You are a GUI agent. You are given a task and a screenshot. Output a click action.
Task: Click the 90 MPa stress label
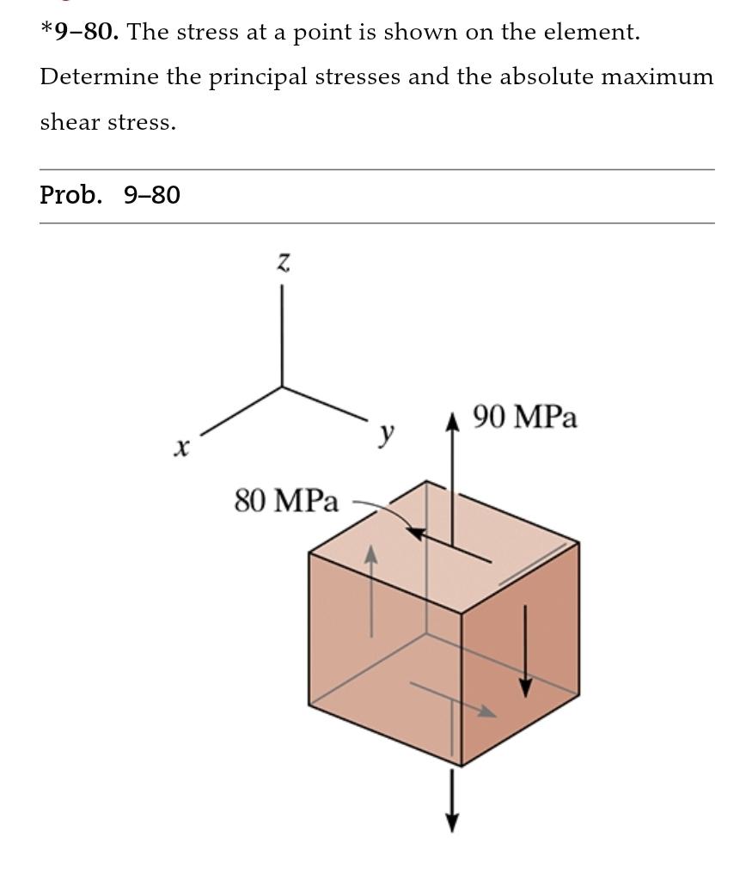[x=525, y=418]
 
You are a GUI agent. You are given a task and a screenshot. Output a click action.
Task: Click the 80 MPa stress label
[x=286, y=500]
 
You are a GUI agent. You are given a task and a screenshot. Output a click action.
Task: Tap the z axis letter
[x=283, y=262]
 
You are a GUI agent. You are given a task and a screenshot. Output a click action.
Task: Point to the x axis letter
[x=180, y=448]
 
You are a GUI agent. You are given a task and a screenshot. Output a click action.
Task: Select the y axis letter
[x=388, y=435]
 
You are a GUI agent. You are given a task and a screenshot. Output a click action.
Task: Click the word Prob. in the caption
[x=70, y=196]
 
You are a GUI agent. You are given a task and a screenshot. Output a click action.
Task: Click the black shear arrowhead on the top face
[x=417, y=534]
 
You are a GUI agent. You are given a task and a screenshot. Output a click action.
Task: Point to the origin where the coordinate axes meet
[x=283, y=387]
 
